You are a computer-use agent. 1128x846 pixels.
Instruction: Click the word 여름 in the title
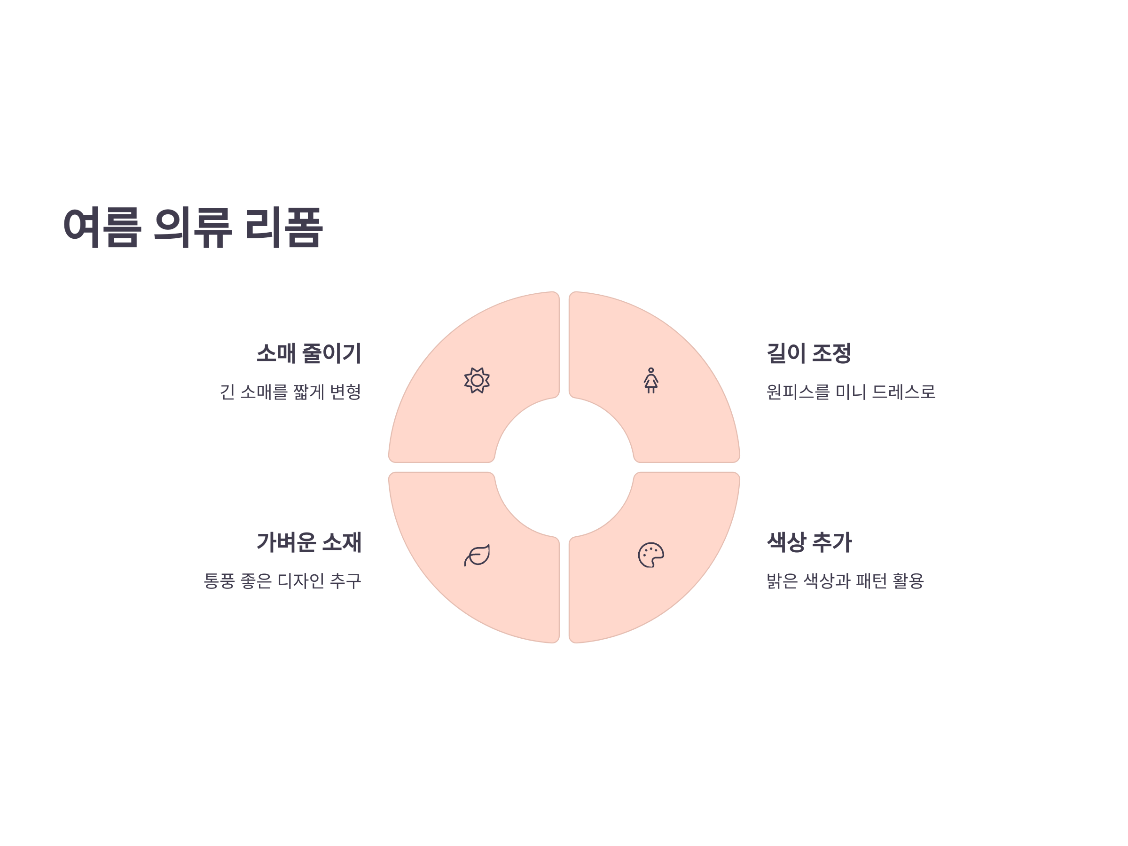pos(102,227)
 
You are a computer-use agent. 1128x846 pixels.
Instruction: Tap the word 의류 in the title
pos(193,227)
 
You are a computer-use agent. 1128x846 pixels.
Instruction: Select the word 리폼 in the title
pos(283,227)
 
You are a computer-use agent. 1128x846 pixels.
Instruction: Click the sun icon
pos(477,380)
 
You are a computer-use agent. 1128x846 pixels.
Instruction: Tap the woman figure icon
pos(650,380)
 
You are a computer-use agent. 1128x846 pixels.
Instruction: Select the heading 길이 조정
pos(809,353)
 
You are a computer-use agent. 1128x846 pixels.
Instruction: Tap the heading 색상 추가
pos(809,542)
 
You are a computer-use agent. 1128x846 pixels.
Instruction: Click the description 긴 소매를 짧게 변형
pos(290,392)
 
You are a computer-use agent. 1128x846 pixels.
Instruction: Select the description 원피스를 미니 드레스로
pos(851,392)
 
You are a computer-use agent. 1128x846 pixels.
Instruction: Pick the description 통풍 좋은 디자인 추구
pos(282,581)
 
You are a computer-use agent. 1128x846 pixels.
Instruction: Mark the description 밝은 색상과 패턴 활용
pos(845,581)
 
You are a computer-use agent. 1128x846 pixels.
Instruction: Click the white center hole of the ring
pos(564,468)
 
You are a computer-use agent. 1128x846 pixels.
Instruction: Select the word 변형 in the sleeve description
pos(345,392)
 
